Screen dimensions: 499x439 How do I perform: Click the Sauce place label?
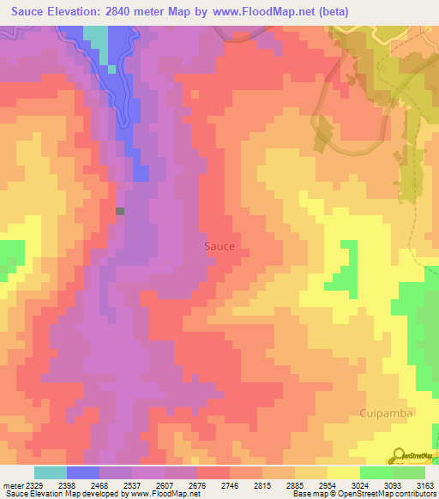click(x=219, y=246)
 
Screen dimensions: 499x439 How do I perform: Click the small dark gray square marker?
click(x=120, y=211)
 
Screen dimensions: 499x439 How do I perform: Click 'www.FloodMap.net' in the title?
click(x=260, y=11)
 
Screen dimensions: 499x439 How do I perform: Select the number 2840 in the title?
click(x=123, y=11)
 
